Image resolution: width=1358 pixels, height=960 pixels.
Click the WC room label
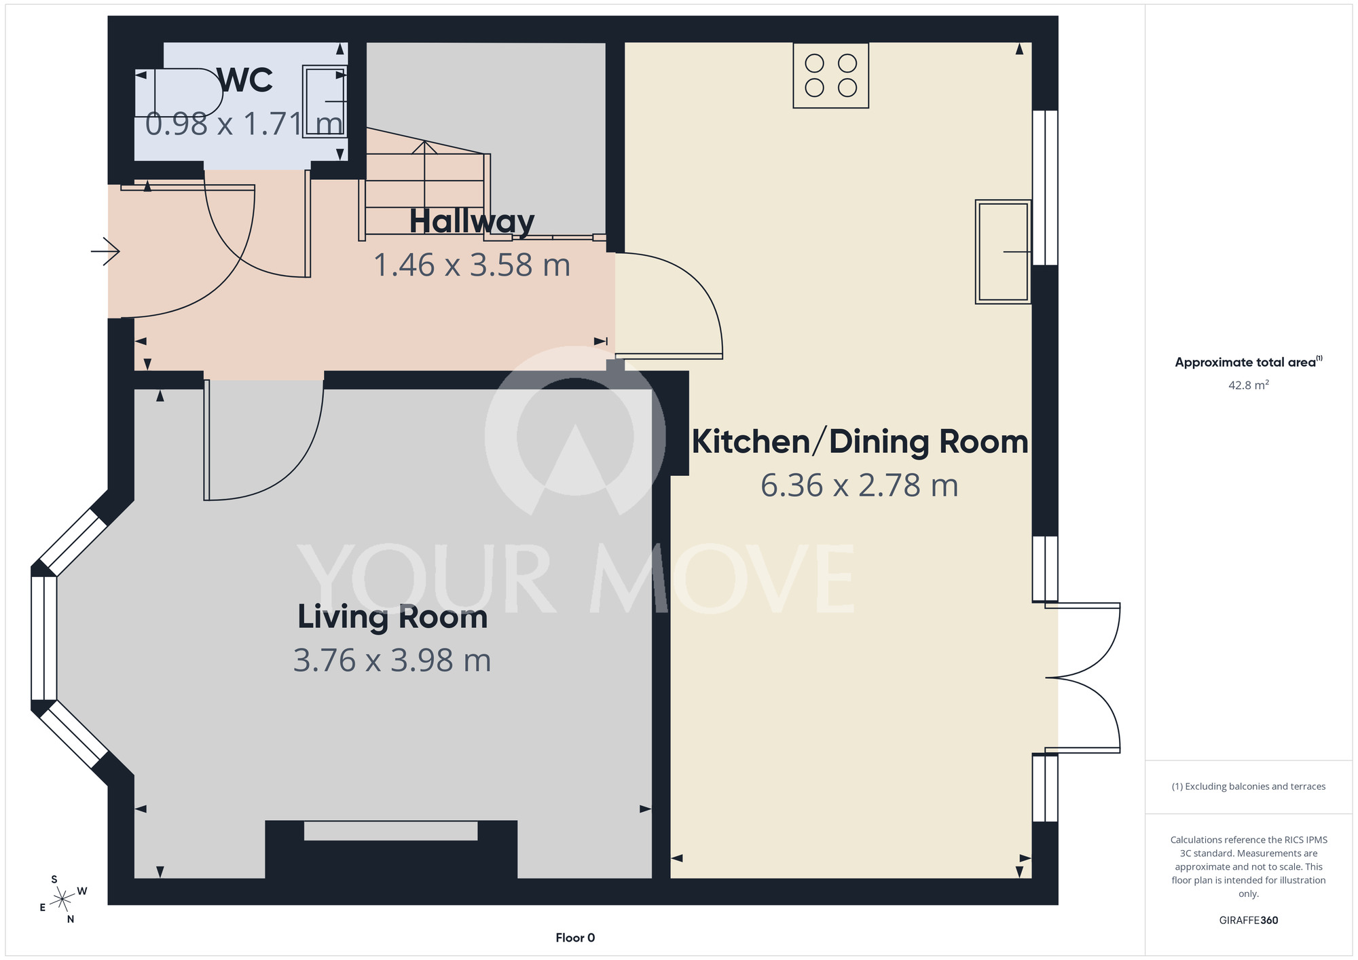[246, 80]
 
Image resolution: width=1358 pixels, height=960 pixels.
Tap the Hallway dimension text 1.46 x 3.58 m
[472, 265]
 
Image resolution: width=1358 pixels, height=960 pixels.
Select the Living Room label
[392, 617]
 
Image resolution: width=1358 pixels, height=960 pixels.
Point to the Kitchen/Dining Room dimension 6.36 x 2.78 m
[859, 485]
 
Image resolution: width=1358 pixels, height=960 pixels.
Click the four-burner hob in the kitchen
[831, 75]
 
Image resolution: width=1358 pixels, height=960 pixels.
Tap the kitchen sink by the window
[1003, 252]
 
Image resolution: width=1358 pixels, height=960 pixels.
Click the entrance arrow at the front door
[105, 252]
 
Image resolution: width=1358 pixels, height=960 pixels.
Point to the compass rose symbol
[62, 899]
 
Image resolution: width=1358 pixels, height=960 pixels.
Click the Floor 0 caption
[575, 938]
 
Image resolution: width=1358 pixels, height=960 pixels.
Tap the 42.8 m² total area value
[1249, 385]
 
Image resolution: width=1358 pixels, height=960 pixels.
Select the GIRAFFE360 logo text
[1249, 921]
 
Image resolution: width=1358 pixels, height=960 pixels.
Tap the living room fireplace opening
[391, 831]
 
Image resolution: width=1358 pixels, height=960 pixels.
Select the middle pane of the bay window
[44, 638]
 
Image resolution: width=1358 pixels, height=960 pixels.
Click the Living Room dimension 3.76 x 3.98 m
[392, 661]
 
